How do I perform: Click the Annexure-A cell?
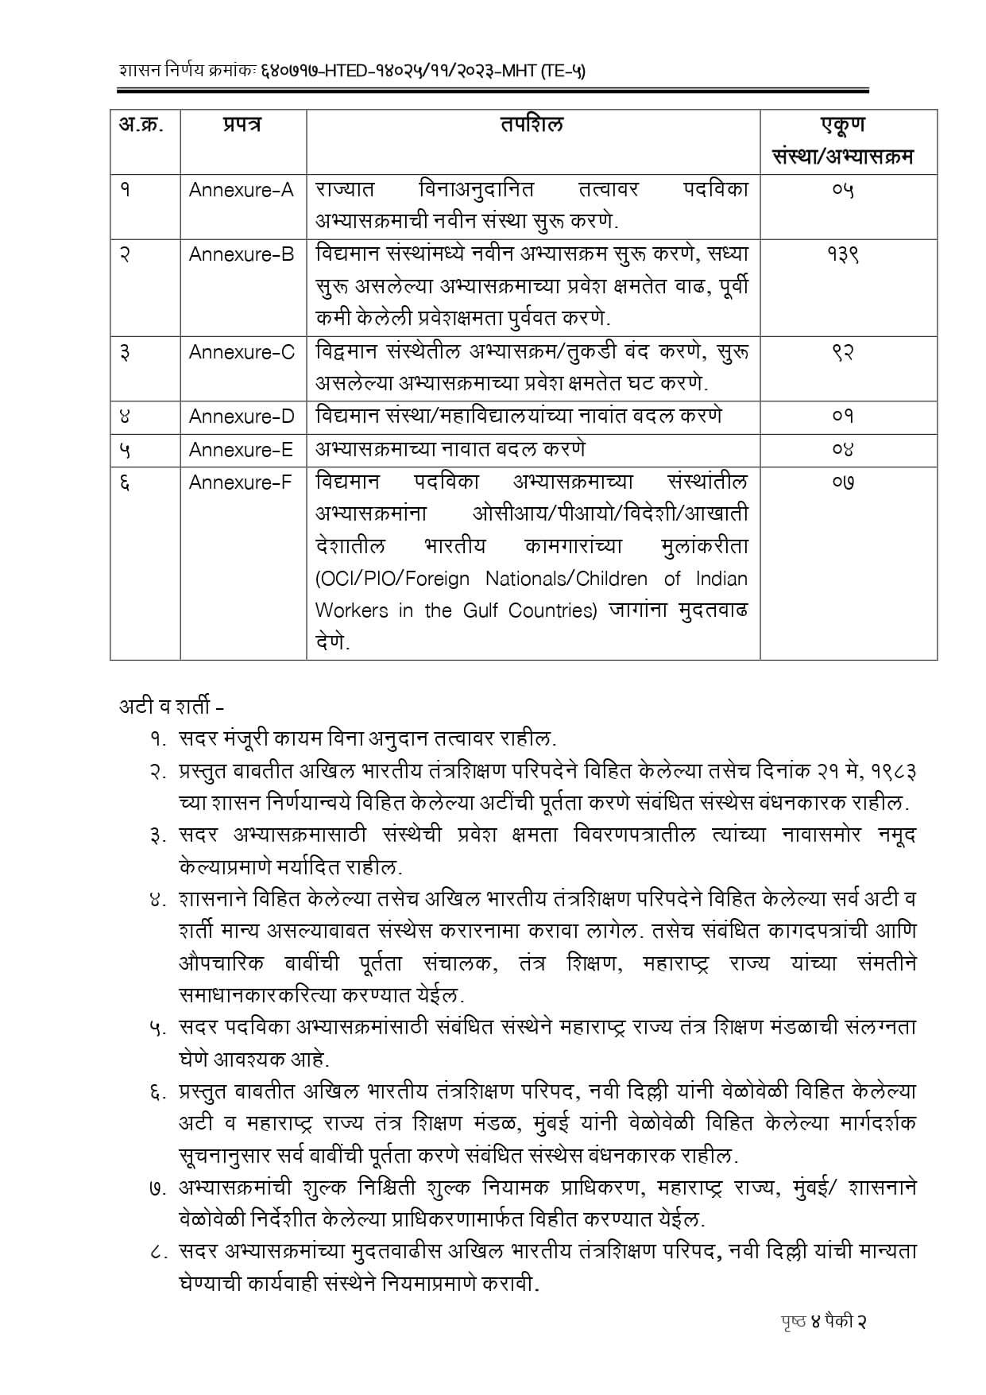242,191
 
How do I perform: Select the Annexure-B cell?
242,254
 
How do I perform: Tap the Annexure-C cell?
242,352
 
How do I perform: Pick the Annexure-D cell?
242,417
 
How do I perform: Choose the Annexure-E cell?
241,450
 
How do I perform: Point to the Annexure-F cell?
241,482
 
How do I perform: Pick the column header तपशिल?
532,125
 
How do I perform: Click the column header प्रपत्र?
242,125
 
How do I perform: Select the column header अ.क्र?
142,125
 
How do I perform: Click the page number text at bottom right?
822,1322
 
